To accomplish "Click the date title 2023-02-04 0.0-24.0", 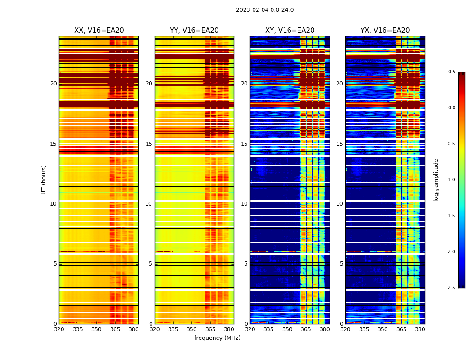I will coord(265,10).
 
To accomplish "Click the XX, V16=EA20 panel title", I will coord(99,31).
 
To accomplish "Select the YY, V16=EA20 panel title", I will coord(194,31).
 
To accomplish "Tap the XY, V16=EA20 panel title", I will coord(289,31).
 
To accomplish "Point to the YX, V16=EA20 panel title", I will coord(385,31).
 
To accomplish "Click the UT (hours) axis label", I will coord(44,180).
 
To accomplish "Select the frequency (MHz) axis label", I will coord(217,338).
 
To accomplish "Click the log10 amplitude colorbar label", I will coord(436,180).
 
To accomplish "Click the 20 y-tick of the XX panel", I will coord(53,84).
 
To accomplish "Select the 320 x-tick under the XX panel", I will coord(59,329).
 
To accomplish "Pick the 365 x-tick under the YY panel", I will coord(210,329).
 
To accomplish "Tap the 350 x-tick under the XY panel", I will coord(287,329).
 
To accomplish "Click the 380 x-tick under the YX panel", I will coord(420,329).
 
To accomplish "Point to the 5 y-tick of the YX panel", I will coord(342,264).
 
